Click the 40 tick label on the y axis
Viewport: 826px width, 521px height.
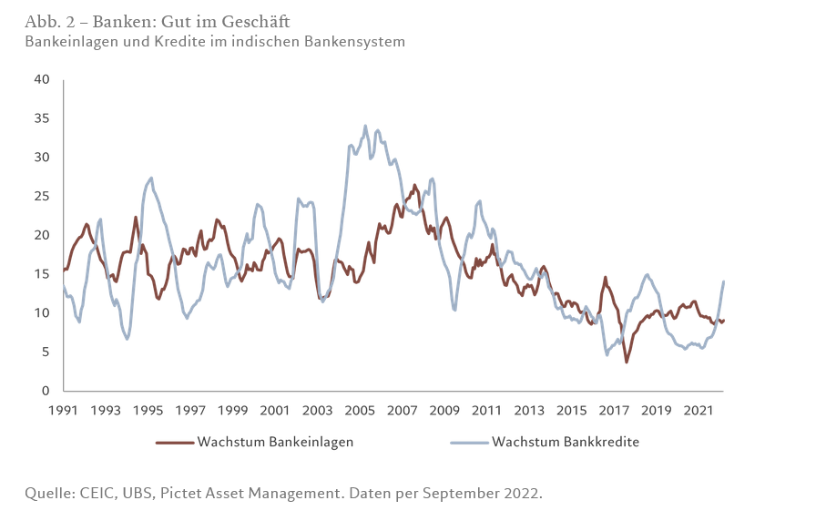[x=42, y=79]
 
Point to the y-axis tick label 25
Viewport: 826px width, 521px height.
[x=42, y=196]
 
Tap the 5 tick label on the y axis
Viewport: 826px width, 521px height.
[x=46, y=352]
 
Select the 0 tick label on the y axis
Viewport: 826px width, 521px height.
[x=46, y=391]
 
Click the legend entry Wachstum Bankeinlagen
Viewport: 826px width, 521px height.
[x=275, y=443]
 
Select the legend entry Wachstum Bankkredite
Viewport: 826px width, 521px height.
[x=566, y=443]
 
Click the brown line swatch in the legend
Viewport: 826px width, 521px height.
[x=175, y=443]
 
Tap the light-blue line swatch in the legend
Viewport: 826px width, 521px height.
[x=470, y=443]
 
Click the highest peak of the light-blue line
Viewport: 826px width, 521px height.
[x=365, y=126]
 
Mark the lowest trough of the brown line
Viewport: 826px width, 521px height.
[x=627, y=363]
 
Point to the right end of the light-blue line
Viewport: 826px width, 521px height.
[x=724, y=281]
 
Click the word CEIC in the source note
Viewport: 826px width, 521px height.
[x=97, y=493]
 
